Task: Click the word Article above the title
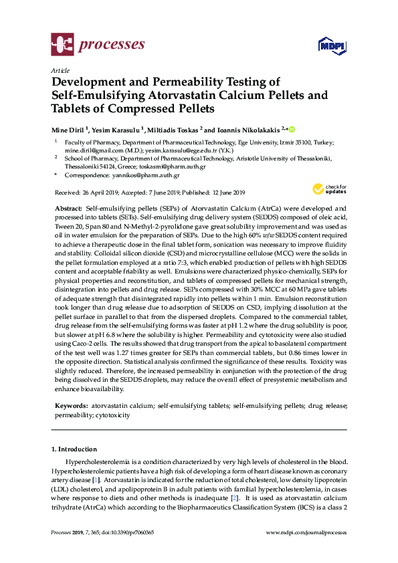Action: pyautogui.click(x=60, y=70)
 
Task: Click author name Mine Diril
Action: pyautogui.click(x=68, y=128)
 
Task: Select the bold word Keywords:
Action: pyautogui.click(x=70, y=406)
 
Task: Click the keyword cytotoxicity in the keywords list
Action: pyautogui.click(x=112, y=415)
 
